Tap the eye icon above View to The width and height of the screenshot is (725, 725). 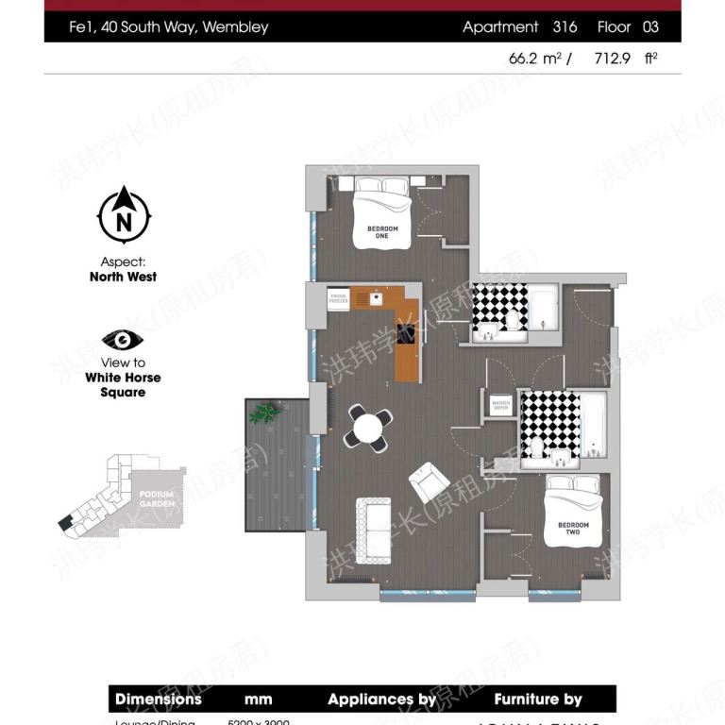tap(123, 340)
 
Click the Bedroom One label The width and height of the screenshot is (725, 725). tap(382, 232)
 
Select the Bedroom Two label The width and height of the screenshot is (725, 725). tap(573, 529)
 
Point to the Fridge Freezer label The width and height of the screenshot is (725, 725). tap(339, 298)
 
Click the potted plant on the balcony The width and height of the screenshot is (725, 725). tap(263, 413)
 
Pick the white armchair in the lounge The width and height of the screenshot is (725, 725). tap(429, 482)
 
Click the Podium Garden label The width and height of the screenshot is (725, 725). tap(157, 498)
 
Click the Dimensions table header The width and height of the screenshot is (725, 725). tap(159, 700)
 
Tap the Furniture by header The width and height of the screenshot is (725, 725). tap(538, 700)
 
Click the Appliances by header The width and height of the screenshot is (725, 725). tap(382, 700)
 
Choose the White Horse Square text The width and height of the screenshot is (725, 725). tap(123, 384)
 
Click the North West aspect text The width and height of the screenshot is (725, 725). tap(123, 277)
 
